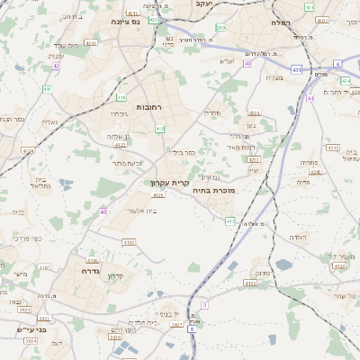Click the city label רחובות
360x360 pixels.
pos(148,107)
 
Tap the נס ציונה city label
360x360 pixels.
pos(131,21)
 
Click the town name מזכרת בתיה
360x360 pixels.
pos(213,191)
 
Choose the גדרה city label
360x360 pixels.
pos(89,270)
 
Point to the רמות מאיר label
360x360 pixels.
pos(243,147)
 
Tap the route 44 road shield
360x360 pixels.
pos(310,98)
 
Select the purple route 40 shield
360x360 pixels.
pos(103,211)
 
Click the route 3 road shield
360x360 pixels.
pos(204,305)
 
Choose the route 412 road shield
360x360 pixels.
pos(159,129)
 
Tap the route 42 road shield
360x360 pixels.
pos(56,65)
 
